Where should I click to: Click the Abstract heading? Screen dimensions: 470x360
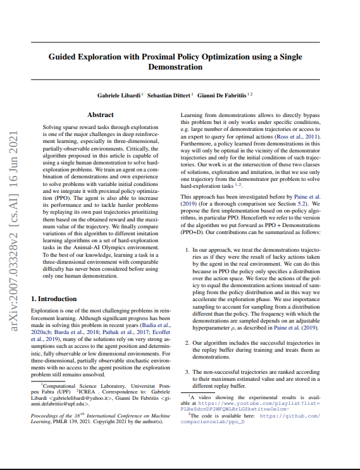(100, 114)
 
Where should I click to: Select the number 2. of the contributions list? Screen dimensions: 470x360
(187, 342)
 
